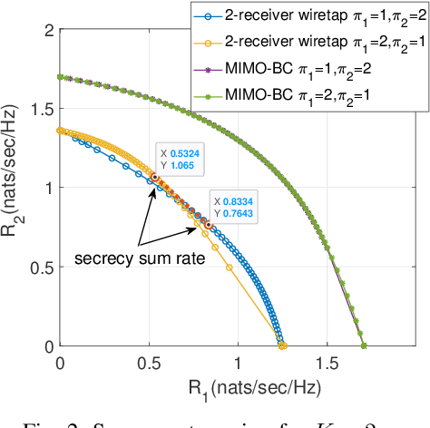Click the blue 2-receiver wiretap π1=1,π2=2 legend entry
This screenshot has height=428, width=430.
(x=309, y=16)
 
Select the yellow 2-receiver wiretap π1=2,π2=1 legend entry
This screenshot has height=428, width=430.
(x=309, y=41)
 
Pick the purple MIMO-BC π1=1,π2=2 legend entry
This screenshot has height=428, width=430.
(x=309, y=65)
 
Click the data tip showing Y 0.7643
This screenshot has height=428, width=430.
(x=233, y=208)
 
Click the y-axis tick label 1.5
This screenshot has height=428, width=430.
(x=39, y=109)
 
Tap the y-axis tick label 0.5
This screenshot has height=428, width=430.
(x=39, y=267)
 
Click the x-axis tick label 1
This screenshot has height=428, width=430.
(x=238, y=361)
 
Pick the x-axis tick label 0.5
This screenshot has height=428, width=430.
(x=149, y=361)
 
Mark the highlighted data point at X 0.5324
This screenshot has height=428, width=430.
(x=155, y=178)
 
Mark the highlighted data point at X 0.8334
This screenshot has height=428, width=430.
(x=209, y=225)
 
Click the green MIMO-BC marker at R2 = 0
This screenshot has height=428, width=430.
(x=364, y=345)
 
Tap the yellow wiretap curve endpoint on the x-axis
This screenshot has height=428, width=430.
(x=284, y=345)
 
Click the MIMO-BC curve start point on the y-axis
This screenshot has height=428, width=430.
(x=61, y=77)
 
